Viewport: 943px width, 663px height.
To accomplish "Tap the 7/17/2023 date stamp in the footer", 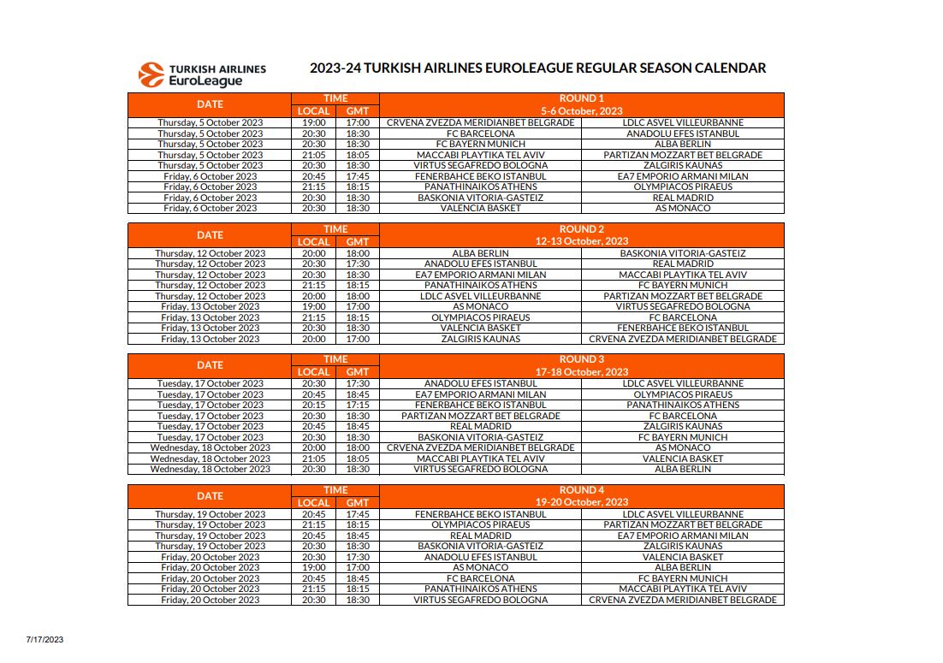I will [x=44, y=639].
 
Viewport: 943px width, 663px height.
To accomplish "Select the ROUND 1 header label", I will [x=581, y=98].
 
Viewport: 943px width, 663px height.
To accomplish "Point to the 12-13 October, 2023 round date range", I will [x=581, y=241].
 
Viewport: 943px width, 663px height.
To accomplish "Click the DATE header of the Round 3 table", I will [x=210, y=365].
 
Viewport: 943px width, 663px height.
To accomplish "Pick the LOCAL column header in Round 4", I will [x=313, y=502].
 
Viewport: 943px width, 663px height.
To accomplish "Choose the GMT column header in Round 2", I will [x=358, y=241].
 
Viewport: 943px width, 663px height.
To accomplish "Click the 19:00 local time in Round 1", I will [x=313, y=123].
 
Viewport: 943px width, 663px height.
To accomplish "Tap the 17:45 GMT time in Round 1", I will [x=358, y=176].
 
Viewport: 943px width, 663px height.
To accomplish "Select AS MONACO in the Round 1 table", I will [x=683, y=208].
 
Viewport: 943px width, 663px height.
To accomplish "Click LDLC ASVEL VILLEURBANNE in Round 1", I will [x=683, y=123].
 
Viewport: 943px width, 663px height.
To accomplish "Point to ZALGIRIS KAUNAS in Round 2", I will [x=480, y=339].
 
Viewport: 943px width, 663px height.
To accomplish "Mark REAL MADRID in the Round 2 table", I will [x=683, y=264].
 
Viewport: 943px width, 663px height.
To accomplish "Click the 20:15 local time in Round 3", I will [x=313, y=405].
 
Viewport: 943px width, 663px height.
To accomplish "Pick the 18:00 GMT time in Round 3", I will [x=358, y=447].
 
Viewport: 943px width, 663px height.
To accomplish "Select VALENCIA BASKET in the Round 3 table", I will [x=683, y=459].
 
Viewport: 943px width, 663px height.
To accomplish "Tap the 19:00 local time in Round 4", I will [x=313, y=567].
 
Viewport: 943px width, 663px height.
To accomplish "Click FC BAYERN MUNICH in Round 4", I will [x=683, y=578].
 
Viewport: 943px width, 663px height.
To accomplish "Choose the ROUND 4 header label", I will [x=581, y=490].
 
